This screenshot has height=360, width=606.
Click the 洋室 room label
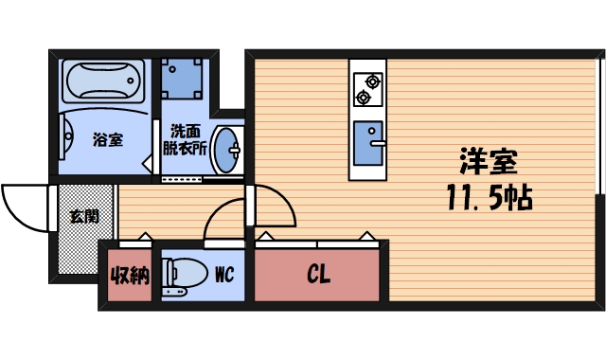coord(489,162)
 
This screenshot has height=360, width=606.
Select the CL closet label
coord(318,276)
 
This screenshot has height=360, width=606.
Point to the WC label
coord(224,276)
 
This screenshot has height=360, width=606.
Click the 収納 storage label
coord(130,277)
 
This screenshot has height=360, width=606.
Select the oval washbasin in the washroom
coord(227,150)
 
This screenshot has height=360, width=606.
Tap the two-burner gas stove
coord(366,88)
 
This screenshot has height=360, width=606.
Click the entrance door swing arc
coord(23,204)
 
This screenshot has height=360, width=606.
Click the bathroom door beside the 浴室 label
coord(149,142)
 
